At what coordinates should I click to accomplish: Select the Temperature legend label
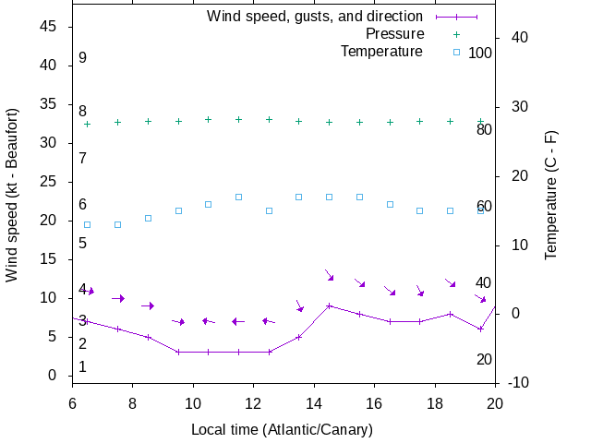pos(381,52)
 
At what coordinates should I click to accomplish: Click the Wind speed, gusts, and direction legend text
pos(314,17)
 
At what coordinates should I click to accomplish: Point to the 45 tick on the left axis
pos(50,27)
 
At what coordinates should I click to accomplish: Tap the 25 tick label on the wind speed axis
pos(50,182)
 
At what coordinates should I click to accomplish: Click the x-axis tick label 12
pos(253,403)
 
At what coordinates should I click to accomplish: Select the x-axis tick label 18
pos(435,403)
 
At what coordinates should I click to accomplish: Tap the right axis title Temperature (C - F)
pos(551,194)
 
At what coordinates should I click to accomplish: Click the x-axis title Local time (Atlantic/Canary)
pos(283,430)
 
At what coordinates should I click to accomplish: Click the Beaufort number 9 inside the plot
pos(82,58)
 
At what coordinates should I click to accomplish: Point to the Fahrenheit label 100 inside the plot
pos(480,53)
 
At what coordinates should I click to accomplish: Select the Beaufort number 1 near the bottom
pos(82,367)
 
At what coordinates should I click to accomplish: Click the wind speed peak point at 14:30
pos(329,305)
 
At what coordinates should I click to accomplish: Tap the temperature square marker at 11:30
pos(238,197)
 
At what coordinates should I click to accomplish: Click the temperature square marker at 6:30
pos(87,224)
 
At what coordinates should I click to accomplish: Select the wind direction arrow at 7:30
pos(117,298)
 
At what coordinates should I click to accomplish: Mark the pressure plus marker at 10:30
pos(208,119)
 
